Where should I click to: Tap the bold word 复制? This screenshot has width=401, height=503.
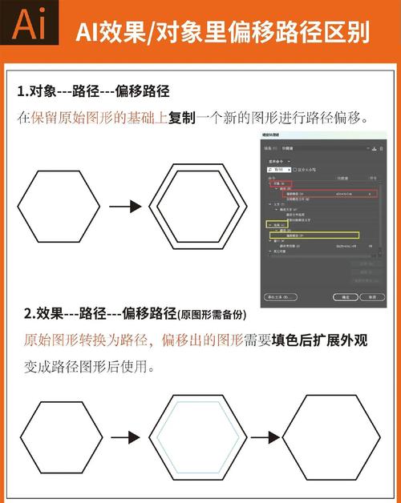coord(182,118)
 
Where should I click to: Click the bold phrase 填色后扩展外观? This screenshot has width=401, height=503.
coord(319,340)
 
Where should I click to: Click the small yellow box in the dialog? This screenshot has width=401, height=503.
coord(276,225)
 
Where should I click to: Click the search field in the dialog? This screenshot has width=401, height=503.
coord(279,170)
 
